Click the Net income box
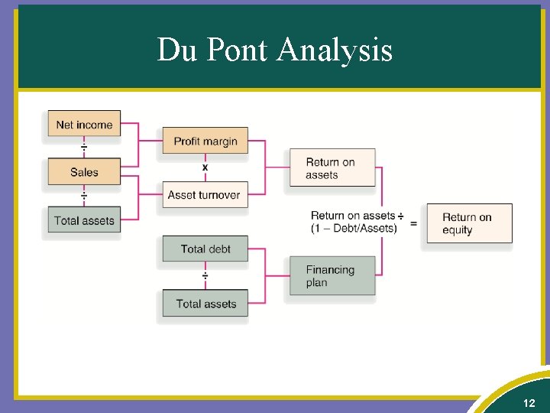[x=84, y=125]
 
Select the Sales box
[x=84, y=172]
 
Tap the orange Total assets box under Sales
[x=84, y=220]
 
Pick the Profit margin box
[x=205, y=141]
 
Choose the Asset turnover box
[x=204, y=194]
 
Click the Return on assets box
[x=332, y=168]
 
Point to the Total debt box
[x=205, y=249]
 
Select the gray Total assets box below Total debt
[x=205, y=304]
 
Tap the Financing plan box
[x=332, y=275]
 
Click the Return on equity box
[x=468, y=223]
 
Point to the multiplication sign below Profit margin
[x=205, y=167]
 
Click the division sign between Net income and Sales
[x=84, y=147]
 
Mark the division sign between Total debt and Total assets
[x=205, y=275]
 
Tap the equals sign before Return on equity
[x=413, y=223]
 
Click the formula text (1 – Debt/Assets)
[x=354, y=229]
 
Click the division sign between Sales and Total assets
[x=84, y=196]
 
